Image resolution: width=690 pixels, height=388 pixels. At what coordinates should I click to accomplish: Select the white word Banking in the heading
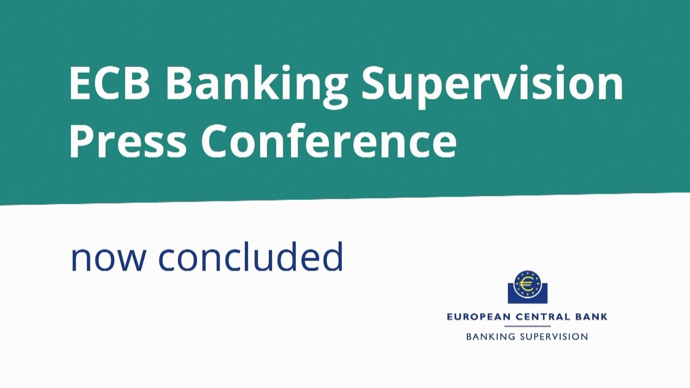[x=257, y=86]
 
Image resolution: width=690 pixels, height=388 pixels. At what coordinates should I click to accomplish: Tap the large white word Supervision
[x=493, y=86]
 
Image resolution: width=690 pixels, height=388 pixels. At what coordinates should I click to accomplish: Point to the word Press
[x=128, y=141]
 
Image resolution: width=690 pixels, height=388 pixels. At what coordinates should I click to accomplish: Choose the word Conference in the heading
[x=329, y=140]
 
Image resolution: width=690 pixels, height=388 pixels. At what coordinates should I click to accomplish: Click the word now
[x=108, y=260]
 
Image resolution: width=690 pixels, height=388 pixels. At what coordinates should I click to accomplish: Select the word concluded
[x=251, y=256]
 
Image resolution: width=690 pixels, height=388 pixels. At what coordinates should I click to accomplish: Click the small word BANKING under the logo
[x=491, y=337]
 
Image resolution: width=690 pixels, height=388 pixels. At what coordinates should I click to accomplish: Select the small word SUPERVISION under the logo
[x=554, y=337]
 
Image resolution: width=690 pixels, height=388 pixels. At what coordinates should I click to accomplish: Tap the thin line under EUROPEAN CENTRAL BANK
[x=527, y=326]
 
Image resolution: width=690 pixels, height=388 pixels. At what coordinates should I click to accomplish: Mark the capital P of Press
[x=81, y=141]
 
